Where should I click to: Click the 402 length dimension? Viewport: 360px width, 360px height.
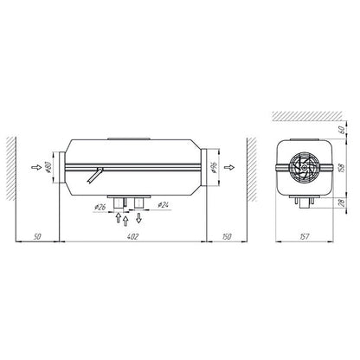pyautogui.click(x=132, y=235)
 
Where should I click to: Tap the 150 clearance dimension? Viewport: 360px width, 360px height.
pyautogui.click(x=225, y=235)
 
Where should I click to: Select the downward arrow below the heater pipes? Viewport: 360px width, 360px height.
pyautogui.click(x=139, y=217)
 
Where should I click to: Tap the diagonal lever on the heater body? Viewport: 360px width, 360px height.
pyautogui.click(x=93, y=176)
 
